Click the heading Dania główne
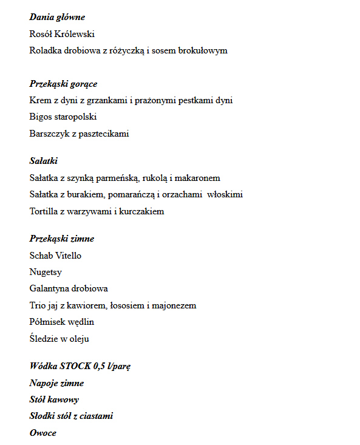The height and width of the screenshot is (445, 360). (57, 17)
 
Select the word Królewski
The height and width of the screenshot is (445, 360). (75, 34)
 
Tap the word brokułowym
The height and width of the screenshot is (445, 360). (206, 50)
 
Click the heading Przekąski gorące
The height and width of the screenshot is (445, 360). (63, 84)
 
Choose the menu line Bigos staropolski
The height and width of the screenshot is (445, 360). (63, 117)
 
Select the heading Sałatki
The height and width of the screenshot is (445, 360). (43, 161)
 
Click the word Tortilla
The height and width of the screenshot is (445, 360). (44, 211)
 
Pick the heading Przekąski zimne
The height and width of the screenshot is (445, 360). (61, 239)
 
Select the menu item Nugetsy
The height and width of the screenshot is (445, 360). (46, 273)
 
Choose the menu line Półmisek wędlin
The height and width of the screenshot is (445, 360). (61, 322)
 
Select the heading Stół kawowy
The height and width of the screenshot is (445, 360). (54, 399)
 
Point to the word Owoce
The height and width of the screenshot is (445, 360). (42, 433)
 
